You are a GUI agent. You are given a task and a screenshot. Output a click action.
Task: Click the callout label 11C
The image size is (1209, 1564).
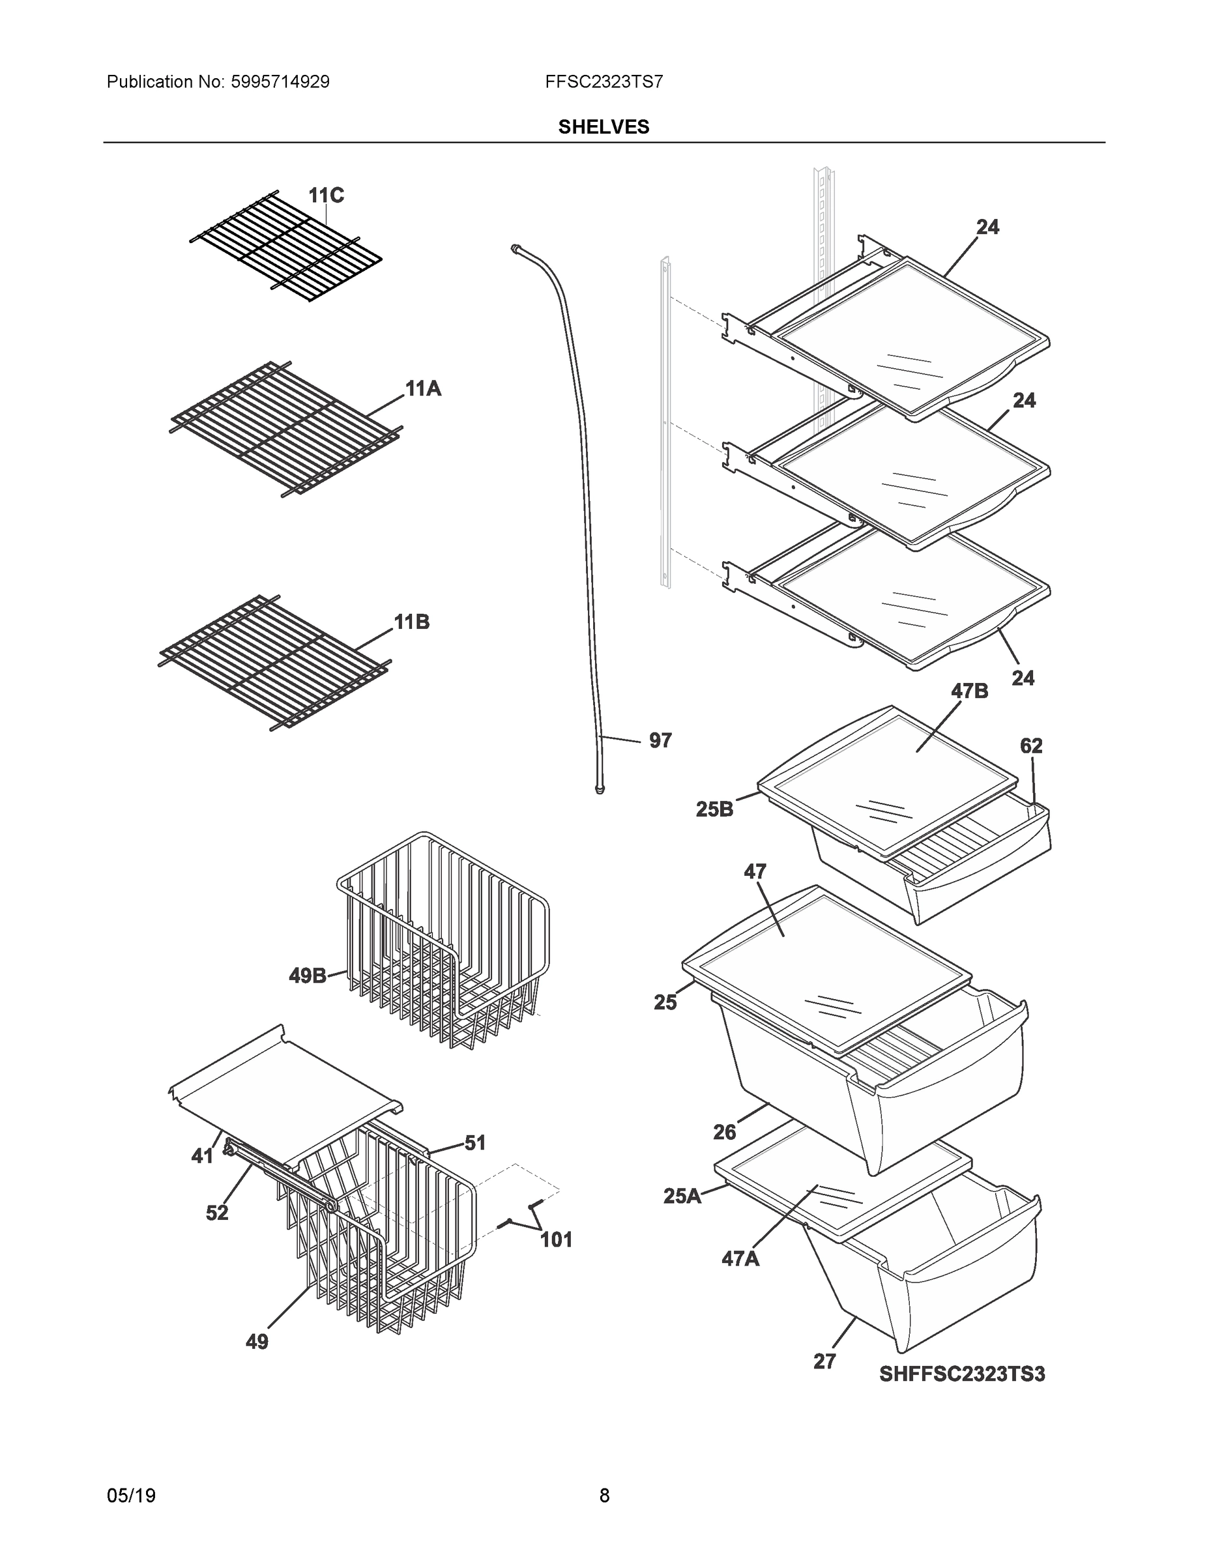point(326,195)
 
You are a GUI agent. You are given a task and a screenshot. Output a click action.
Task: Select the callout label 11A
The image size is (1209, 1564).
point(422,389)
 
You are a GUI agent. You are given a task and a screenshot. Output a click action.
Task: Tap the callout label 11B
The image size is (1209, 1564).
point(412,622)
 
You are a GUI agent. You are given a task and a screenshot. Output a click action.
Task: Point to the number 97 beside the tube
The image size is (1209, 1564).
point(660,740)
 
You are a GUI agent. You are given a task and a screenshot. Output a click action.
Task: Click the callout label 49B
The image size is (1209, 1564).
point(307,976)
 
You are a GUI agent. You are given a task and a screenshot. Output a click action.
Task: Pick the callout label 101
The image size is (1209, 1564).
point(556,1239)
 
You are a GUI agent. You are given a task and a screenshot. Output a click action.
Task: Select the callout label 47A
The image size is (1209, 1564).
point(740,1258)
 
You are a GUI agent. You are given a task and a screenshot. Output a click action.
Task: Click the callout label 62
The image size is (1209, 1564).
point(1030,746)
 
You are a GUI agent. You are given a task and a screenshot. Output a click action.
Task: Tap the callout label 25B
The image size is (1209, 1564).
point(714,809)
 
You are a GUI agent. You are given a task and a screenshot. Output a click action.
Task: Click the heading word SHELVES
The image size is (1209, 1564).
point(604,127)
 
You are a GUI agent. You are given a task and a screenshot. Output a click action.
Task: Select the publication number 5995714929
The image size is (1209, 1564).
point(280,81)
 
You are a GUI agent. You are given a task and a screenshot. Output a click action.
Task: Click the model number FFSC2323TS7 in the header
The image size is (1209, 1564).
point(604,81)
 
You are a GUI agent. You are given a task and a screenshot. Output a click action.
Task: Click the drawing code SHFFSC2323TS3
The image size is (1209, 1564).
point(962,1374)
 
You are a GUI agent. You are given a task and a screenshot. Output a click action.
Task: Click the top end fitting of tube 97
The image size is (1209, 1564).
point(514,248)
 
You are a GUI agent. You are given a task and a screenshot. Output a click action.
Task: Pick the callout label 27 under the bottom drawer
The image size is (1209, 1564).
point(824,1361)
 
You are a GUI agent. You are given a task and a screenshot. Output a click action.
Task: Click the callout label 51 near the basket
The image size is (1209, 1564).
point(475,1143)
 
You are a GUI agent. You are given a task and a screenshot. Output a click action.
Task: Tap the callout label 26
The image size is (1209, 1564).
point(724,1132)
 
